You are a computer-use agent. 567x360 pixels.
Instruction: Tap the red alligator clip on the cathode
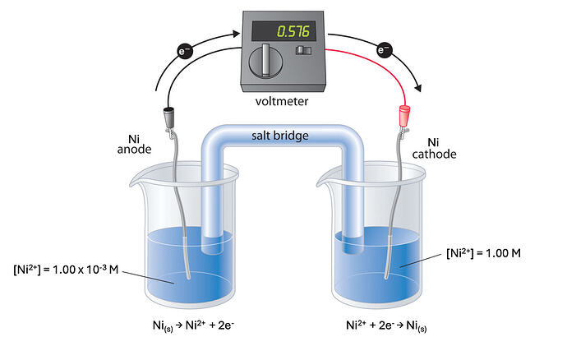tap(403, 115)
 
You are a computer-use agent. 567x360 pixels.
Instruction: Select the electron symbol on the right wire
tap(384, 51)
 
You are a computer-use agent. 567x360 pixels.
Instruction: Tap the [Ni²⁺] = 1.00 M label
tap(484, 253)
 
